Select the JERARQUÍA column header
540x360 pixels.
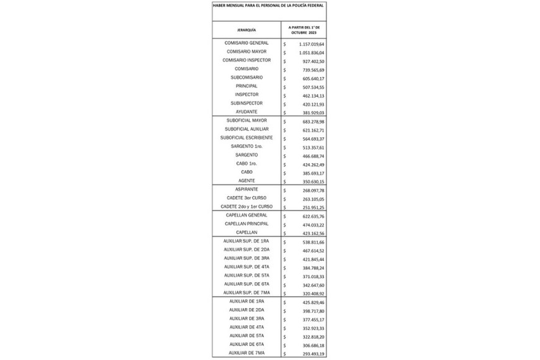[246, 30]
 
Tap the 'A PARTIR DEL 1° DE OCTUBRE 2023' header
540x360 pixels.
[303, 30]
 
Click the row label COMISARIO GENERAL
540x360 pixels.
[246, 43]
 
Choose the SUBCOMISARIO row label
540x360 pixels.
[246, 77]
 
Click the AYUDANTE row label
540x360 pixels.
[246, 112]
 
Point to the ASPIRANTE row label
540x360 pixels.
[246, 189]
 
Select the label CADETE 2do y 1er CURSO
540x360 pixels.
[246, 206]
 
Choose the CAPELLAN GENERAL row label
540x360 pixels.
[246, 215]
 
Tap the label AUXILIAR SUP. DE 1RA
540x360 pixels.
[246, 241]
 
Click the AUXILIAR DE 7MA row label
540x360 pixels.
[246, 353]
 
